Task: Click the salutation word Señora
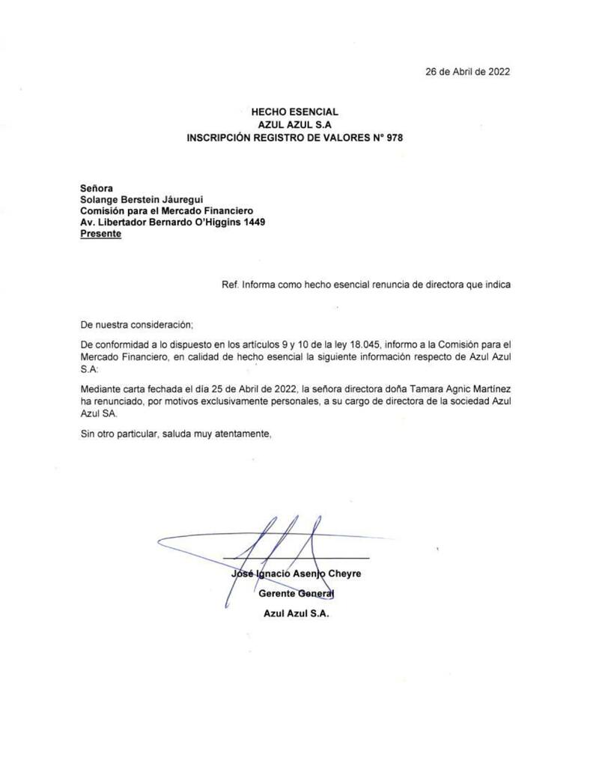pyautogui.click(x=97, y=188)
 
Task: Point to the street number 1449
pyautogui.click(x=249, y=222)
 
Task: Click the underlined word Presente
pyautogui.click(x=100, y=234)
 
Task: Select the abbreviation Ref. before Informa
pyautogui.click(x=230, y=285)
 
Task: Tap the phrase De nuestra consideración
pyautogui.click(x=136, y=324)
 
